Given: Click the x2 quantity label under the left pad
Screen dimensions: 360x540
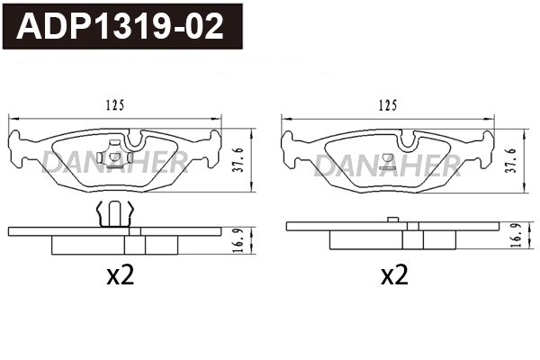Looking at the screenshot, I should pyautogui.click(x=119, y=276).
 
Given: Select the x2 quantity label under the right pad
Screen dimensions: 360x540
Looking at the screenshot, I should pyautogui.click(x=393, y=276).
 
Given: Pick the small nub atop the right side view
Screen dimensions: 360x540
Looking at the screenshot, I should pyautogui.click(x=391, y=219).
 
